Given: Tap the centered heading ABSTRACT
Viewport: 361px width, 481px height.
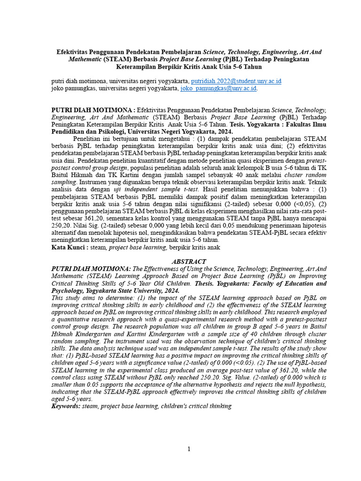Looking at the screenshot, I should point(188,261).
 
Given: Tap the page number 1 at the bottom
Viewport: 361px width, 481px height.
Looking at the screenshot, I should point(189,449).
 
